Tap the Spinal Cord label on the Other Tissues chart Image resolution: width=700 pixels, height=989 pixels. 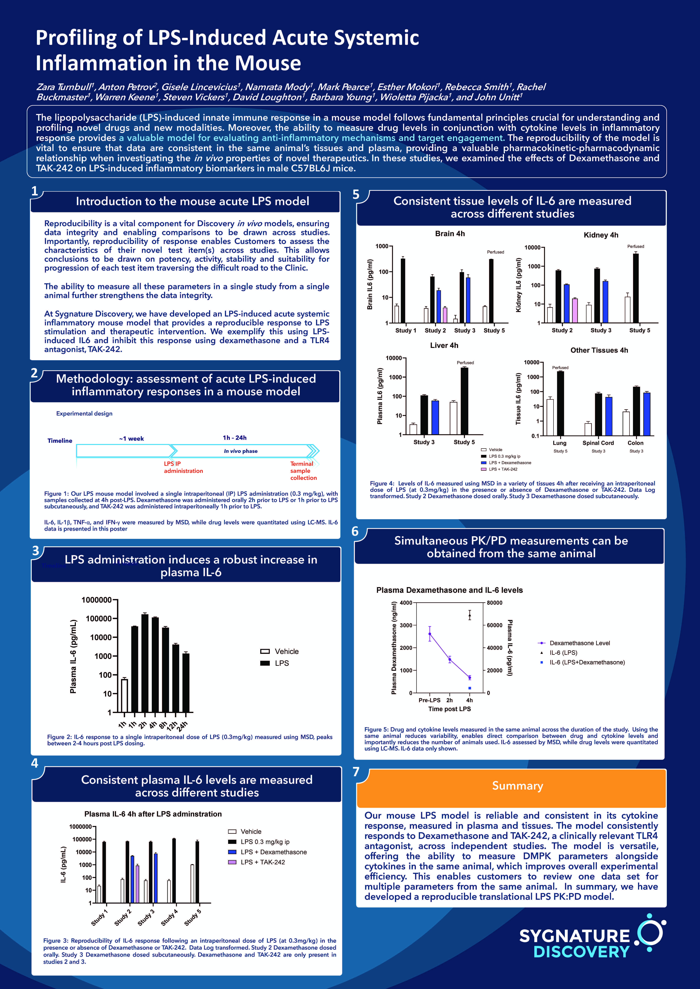[598, 443]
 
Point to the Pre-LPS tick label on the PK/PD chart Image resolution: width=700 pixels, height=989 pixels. [429, 700]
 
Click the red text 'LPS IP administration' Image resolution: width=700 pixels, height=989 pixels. [183, 467]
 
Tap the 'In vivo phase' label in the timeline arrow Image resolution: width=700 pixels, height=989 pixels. [240, 451]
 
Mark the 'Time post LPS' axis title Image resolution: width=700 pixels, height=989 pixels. [450, 709]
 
